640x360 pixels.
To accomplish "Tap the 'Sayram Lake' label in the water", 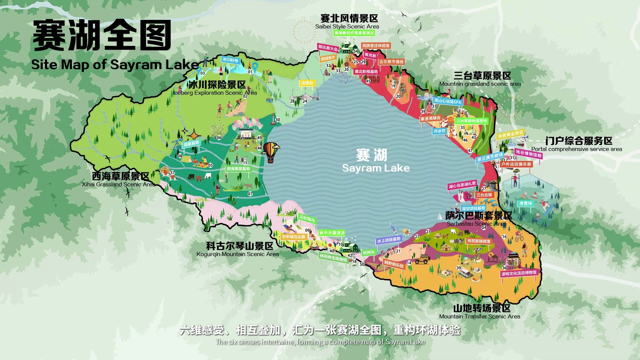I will pyautogui.click(x=375, y=168).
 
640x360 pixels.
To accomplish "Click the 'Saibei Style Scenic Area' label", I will pyautogui.click(x=347, y=26).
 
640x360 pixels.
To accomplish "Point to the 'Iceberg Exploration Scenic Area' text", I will pyautogui.click(x=215, y=93).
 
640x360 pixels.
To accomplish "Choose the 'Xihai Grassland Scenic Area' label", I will pyautogui.click(x=119, y=184).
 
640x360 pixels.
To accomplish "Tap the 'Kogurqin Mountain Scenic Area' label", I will pyautogui.click(x=237, y=254).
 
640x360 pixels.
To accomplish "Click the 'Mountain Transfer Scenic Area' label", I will pyautogui.click(x=479, y=316).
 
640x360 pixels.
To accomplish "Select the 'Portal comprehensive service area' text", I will pyautogui.click(x=576, y=149).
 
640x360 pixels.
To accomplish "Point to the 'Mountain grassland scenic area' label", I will pyautogui.click(x=480, y=84).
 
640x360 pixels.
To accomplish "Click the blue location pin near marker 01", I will pyautogui.click(x=255, y=67).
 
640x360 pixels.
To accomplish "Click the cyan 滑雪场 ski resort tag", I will pyautogui.click(x=526, y=203).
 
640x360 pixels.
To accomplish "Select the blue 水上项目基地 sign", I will pyautogui.click(x=389, y=240).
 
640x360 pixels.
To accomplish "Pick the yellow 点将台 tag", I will pyautogui.click(x=307, y=83).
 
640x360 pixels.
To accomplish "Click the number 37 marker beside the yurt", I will pyautogui.click(x=172, y=173).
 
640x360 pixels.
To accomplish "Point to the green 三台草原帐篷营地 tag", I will pyautogui.click(x=471, y=121).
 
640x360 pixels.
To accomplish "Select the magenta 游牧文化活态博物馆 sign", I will pyautogui.click(x=519, y=273).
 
